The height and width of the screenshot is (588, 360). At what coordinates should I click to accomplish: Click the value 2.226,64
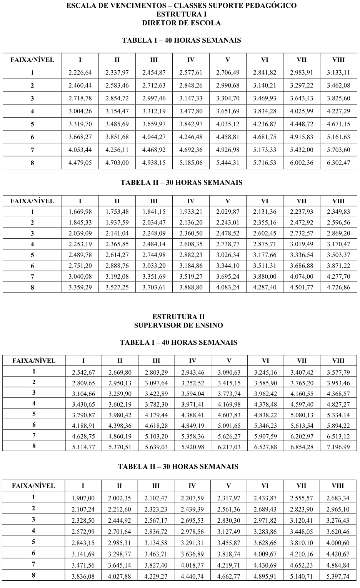[80, 73]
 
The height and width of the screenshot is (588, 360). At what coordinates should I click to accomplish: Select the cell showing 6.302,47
[338, 163]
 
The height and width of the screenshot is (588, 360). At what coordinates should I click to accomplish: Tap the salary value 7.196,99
[338, 447]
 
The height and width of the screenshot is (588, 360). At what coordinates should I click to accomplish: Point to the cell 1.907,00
[83, 498]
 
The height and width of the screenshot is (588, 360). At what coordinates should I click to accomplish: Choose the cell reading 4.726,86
[338, 287]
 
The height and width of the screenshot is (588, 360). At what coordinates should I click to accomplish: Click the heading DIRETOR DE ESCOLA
[182, 23]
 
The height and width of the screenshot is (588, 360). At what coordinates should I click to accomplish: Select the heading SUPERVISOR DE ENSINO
[178, 325]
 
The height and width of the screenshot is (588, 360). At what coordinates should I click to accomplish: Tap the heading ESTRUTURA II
[178, 317]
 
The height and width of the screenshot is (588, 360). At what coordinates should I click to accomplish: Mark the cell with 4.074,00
[302, 276]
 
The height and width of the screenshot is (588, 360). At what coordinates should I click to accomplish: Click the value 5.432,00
[302, 150]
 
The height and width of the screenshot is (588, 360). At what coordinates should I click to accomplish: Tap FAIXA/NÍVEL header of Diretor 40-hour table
[32, 60]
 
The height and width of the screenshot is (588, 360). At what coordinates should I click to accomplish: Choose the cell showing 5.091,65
[229, 425]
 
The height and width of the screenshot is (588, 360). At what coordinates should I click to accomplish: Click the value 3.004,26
[80, 111]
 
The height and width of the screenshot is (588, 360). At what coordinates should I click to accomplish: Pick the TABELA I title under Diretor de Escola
[182, 40]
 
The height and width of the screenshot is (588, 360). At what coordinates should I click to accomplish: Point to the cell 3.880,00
[265, 276]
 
